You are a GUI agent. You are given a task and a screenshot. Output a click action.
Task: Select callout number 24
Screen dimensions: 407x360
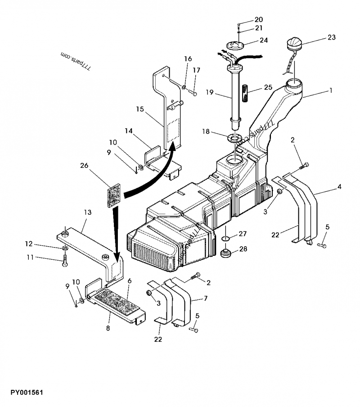pos(264,40)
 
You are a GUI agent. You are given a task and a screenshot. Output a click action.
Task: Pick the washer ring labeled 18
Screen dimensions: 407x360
pos(234,137)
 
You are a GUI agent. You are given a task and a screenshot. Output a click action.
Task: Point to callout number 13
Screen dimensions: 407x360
pos(87,212)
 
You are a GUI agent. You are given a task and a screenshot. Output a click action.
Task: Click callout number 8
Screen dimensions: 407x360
pos(108,328)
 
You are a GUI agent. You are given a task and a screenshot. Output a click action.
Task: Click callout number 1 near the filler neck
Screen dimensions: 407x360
pos(331,90)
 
